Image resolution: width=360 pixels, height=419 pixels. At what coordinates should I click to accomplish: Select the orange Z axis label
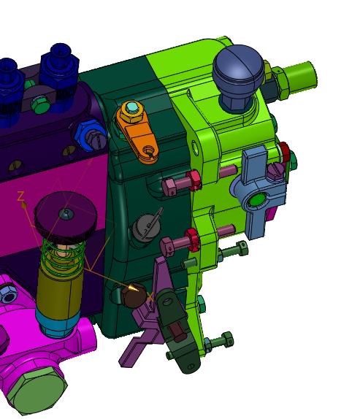20,196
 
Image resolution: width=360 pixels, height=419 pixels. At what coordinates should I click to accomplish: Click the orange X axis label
150,296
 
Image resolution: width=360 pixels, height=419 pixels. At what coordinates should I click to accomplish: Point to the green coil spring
63,254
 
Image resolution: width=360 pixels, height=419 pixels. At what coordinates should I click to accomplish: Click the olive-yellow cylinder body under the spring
60,291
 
